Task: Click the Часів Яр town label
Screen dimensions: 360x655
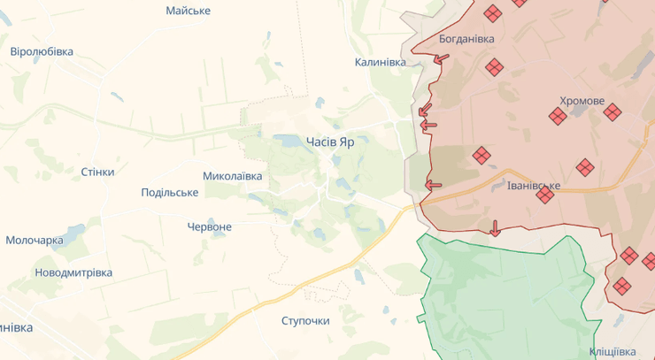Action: [x=330, y=142]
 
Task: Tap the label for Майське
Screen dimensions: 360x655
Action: [x=189, y=11]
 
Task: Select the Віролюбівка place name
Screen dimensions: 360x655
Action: [x=42, y=51]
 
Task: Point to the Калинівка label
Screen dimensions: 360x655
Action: [x=380, y=62]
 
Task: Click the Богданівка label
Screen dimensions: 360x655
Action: [x=466, y=39]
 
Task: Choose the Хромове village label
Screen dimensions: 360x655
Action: [x=582, y=101]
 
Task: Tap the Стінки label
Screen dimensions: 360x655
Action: [x=97, y=172]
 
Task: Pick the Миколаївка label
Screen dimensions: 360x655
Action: [x=232, y=176]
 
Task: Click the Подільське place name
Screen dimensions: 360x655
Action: [x=169, y=193]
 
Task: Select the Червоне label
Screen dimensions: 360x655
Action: [x=210, y=226]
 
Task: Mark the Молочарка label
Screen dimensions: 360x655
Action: [x=35, y=241]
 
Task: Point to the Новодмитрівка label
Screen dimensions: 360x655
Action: [x=73, y=272]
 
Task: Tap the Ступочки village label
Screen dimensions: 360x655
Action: [x=305, y=320]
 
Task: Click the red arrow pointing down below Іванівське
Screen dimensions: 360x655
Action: [x=495, y=230]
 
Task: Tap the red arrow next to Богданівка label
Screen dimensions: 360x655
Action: [x=440, y=59]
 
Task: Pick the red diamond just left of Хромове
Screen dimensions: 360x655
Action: [x=558, y=116]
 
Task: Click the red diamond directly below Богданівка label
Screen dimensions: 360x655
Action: [x=494, y=67]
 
